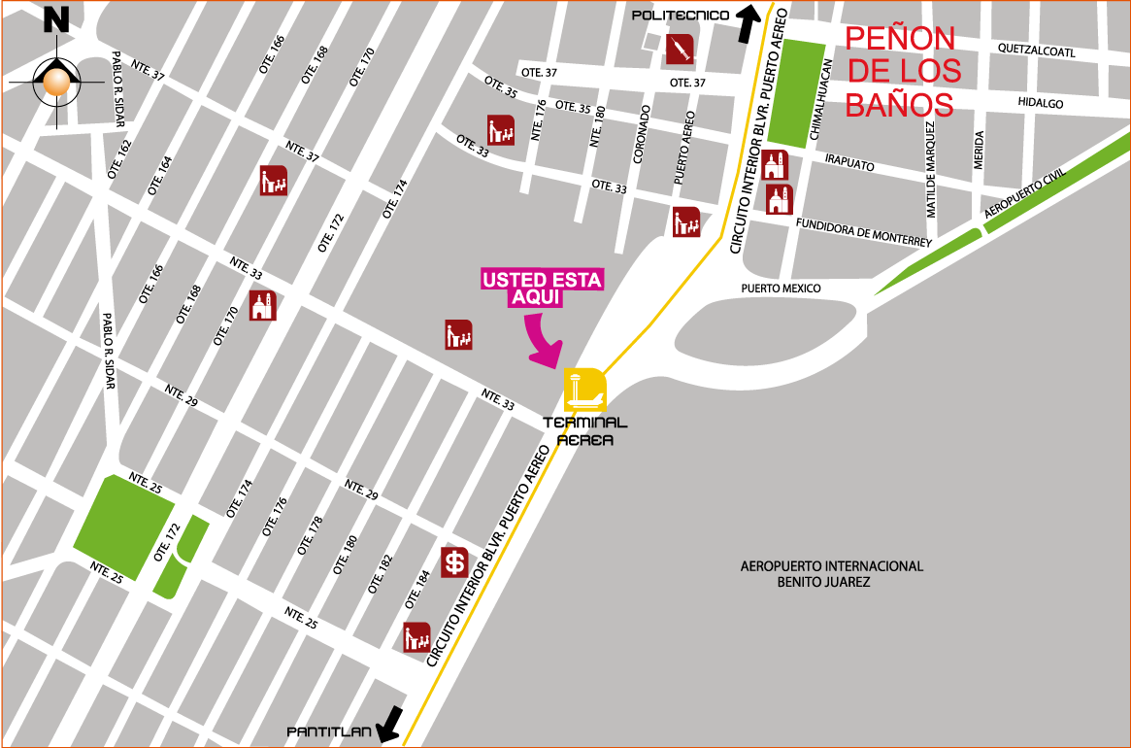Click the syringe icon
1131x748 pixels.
[x=680, y=49]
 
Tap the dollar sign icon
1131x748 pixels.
[x=454, y=562]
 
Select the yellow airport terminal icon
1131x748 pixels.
[x=585, y=391]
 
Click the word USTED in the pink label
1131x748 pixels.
[x=515, y=281]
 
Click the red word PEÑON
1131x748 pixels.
[x=900, y=39]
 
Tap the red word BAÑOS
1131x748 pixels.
[x=899, y=104]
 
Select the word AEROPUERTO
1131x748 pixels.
[x=781, y=566]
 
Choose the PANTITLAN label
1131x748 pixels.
[x=329, y=731]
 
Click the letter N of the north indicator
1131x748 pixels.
[x=56, y=19]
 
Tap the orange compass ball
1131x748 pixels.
[x=56, y=83]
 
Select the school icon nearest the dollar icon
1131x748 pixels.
[x=416, y=637]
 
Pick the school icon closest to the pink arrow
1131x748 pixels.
[x=458, y=335]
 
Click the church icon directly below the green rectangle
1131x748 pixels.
[x=774, y=165]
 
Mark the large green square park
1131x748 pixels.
[x=124, y=527]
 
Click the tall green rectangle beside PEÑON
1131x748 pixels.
[x=795, y=93]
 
